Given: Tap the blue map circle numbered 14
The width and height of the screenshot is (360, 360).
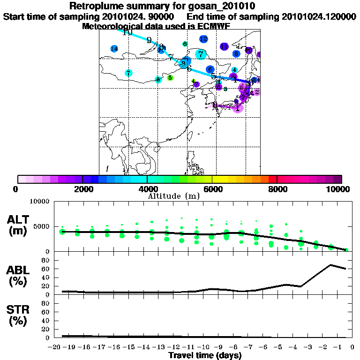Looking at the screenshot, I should pyautogui.click(x=114, y=49).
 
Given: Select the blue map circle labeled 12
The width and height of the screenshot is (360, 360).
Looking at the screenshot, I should pyautogui.click(x=203, y=39).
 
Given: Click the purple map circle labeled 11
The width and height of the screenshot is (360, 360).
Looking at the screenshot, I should pyautogui.click(x=224, y=46).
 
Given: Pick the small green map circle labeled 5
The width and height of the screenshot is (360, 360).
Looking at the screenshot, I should pyautogui.click(x=170, y=78).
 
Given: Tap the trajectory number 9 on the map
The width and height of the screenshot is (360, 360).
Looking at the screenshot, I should pyautogui.click(x=149, y=40).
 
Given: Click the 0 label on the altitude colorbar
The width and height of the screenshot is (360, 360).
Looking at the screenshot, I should pyautogui.click(x=16, y=189).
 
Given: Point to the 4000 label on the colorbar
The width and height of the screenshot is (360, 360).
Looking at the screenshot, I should pyautogui.click(x=147, y=189).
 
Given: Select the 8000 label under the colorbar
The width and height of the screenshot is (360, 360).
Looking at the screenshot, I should pyautogui.click(x=277, y=189).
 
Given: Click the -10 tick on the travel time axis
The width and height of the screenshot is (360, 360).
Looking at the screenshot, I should pyautogui.click(x=204, y=347).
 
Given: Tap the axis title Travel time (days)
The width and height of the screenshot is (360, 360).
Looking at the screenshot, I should pyautogui.click(x=205, y=355).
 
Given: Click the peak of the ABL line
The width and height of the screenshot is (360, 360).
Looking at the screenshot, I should pyautogui.click(x=330, y=265).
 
